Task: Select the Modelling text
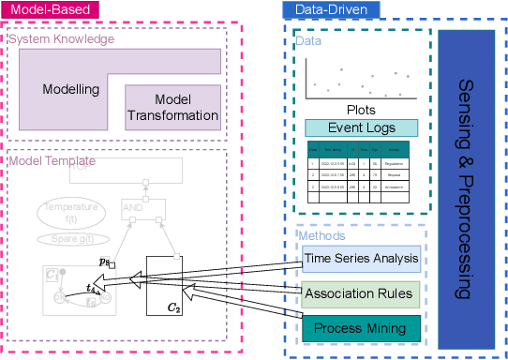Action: click(71, 90)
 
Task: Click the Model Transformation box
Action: click(172, 107)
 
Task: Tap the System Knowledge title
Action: click(61, 39)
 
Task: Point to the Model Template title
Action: click(52, 161)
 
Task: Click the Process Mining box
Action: click(361, 327)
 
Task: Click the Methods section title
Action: click(321, 236)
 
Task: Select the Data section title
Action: click(307, 42)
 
